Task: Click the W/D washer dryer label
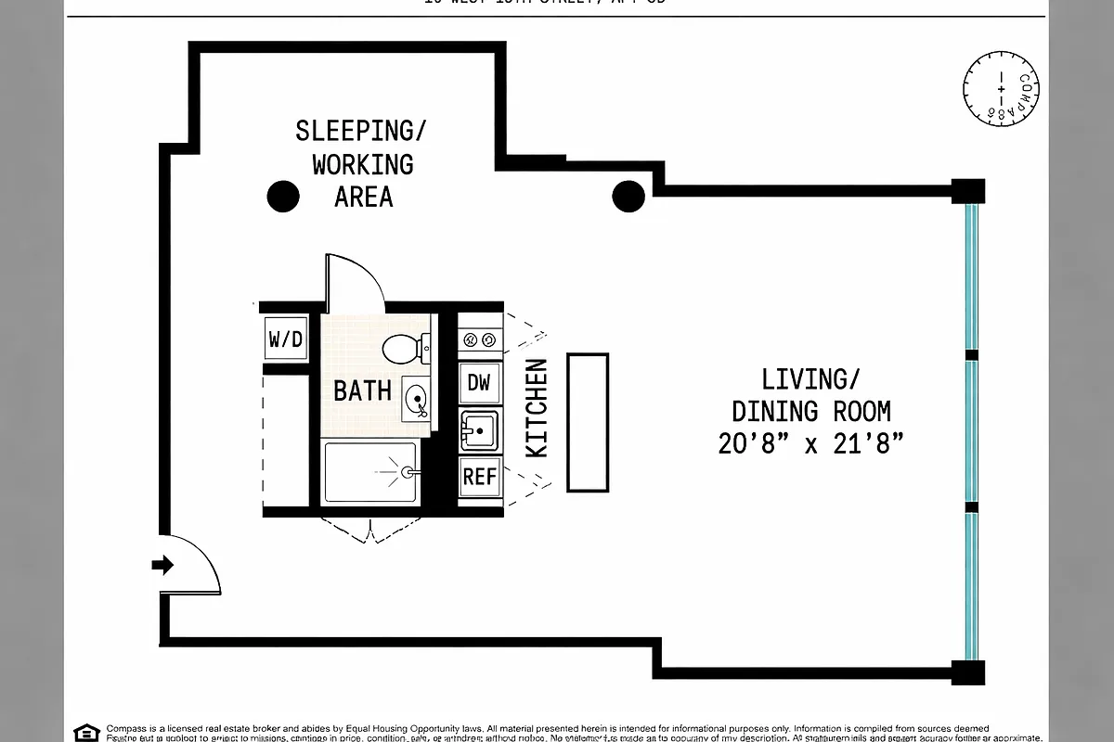286,339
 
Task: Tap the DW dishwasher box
479,382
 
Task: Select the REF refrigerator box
480,477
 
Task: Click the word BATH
362,390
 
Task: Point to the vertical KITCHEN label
537,408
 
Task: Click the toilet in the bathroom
404,350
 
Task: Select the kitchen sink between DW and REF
479,430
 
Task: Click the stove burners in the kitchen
480,340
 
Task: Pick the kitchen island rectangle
587,422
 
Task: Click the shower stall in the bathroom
370,472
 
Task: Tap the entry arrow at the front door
162,564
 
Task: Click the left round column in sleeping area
283,197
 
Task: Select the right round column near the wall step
628,197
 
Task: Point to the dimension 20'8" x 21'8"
810,443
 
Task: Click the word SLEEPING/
362,131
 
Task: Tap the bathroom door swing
354,283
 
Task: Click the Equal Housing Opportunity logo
87,732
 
